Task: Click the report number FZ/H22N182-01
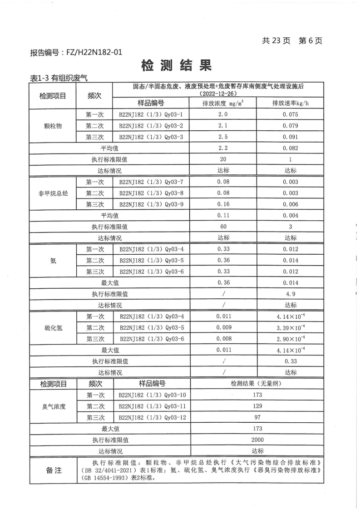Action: pos(76,53)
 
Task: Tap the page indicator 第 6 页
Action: pos(310,41)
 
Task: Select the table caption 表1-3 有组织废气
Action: pos(58,78)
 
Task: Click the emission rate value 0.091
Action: pos(290,137)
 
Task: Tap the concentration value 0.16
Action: pos(223,204)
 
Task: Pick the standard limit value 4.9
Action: pos(290,294)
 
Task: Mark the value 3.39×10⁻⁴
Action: pos(290,327)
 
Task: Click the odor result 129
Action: pos(257,406)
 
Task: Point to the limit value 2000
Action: pos(257,440)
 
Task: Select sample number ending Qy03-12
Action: pos(150,417)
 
